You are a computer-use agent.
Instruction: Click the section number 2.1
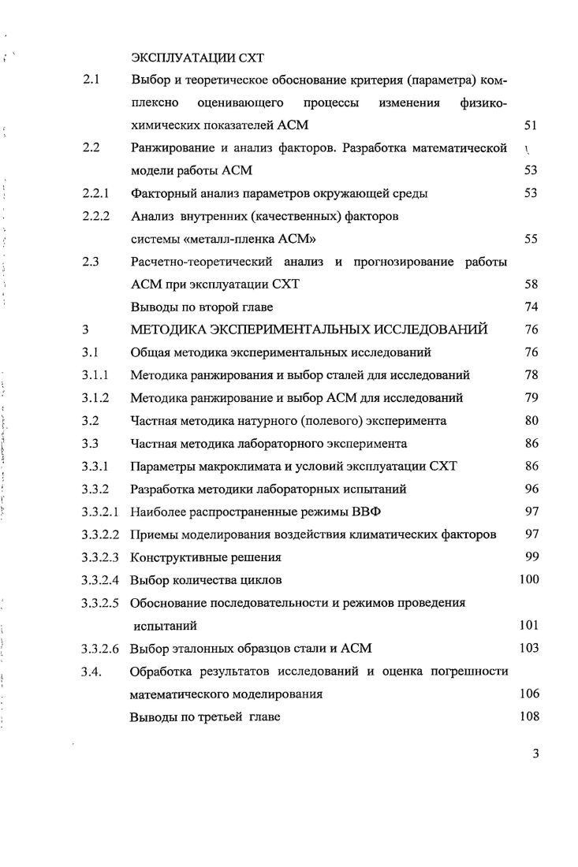(x=89, y=81)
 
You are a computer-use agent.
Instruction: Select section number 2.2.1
(x=95, y=193)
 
